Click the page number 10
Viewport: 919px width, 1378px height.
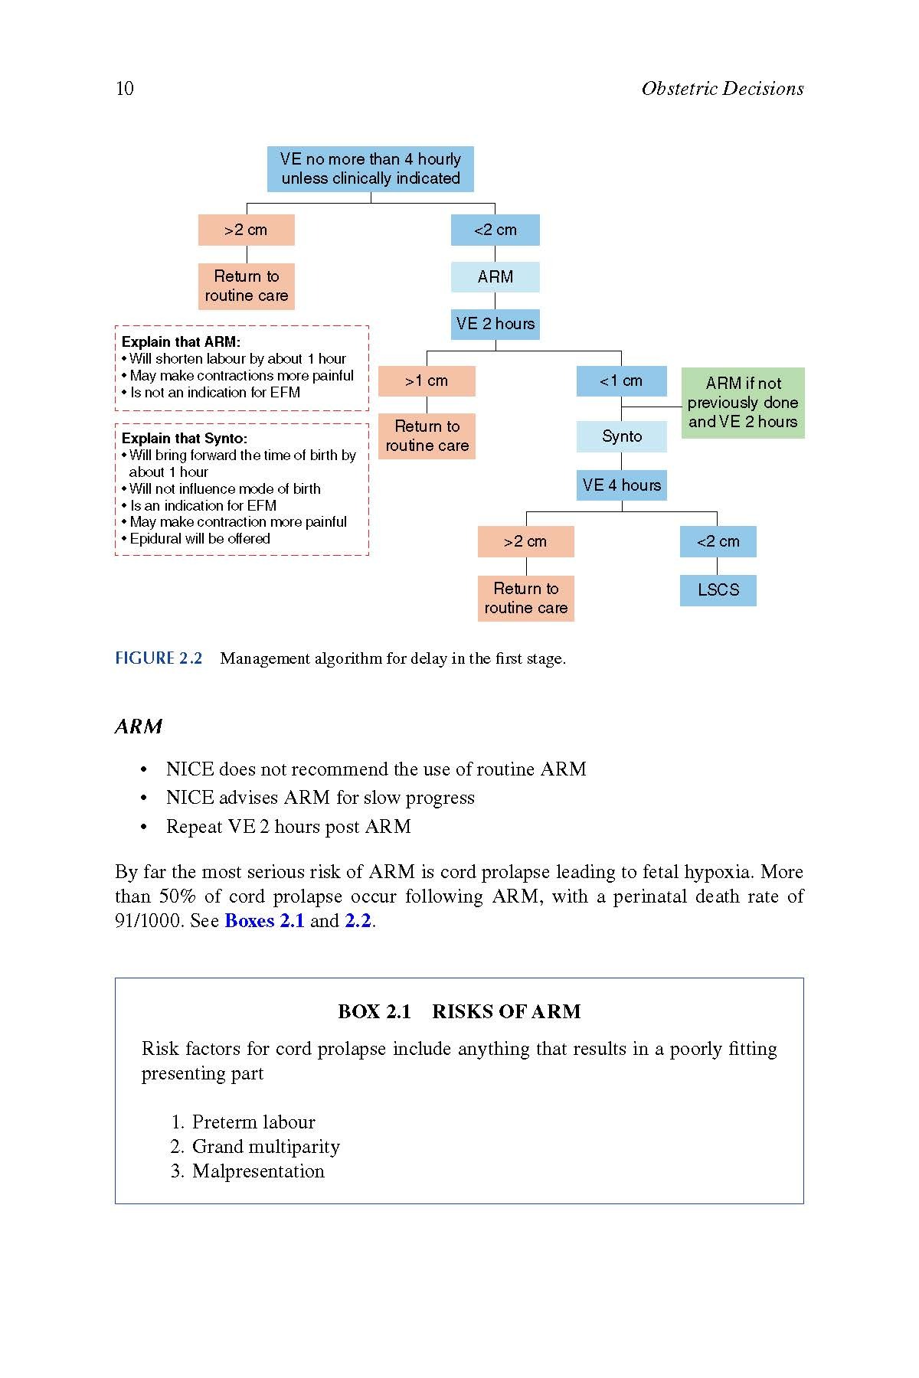pos(124,89)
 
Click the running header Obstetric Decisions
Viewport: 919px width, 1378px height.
pos(722,89)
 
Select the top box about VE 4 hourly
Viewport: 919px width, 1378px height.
pos(371,169)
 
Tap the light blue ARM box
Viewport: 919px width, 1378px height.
pos(495,277)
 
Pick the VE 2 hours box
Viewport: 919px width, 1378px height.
pos(495,324)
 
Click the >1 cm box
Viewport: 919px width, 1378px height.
pos(427,381)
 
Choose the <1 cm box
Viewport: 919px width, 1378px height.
pos(621,381)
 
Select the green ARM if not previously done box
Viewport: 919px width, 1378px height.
pos(743,403)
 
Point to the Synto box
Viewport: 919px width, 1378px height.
pos(621,436)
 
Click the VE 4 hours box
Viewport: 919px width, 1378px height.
pos(621,485)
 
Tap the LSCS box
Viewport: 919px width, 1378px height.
pos(718,590)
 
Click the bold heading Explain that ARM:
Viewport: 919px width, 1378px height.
pos(181,342)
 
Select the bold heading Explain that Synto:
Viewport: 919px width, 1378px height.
pos(185,439)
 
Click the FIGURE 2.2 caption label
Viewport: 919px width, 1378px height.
pos(159,658)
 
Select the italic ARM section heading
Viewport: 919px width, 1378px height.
pos(139,727)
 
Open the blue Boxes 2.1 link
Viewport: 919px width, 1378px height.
pos(264,921)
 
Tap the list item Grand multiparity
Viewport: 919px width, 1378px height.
pos(266,1147)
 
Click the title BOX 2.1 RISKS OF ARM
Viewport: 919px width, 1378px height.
pos(459,1012)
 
